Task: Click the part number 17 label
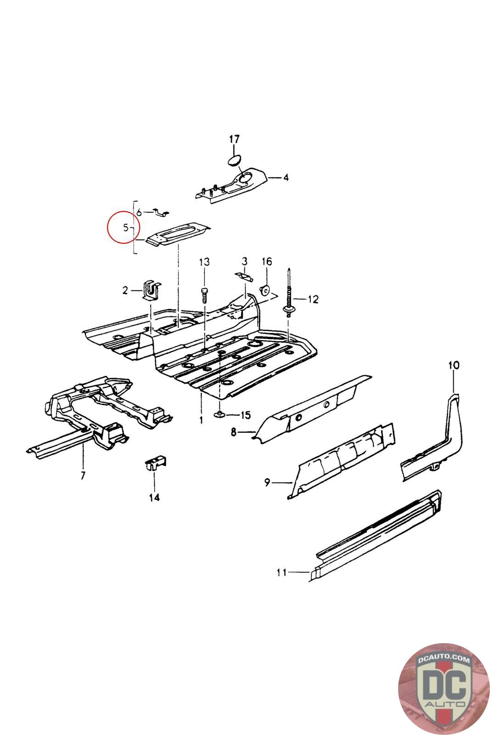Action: coord(234,139)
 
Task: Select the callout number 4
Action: coord(286,177)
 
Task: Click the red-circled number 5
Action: coord(125,227)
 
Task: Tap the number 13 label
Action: coord(204,262)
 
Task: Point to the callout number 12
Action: coord(313,300)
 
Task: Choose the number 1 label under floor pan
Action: coord(201,420)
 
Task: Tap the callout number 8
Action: coord(233,432)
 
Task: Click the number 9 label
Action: coord(267,482)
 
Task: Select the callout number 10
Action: coord(453,366)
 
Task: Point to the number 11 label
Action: coord(282,572)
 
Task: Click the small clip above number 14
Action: coord(155,464)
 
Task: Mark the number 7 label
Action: coord(83,475)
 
